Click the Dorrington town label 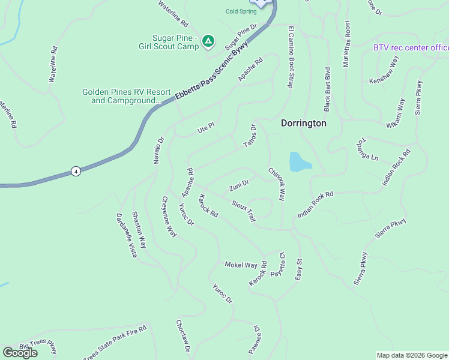(x=304, y=123)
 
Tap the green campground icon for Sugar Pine (x=208, y=41)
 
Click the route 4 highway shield (x=75, y=171)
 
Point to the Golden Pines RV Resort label (x=121, y=97)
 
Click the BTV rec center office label (x=411, y=47)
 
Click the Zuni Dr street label (x=239, y=185)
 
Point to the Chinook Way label (x=277, y=184)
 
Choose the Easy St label (x=298, y=269)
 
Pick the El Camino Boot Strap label (x=291, y=57)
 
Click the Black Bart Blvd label (x=328, y=89)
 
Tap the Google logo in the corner (x=20, y=353)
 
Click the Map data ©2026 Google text (x=412, y=355)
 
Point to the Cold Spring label (x=241, y=11)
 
